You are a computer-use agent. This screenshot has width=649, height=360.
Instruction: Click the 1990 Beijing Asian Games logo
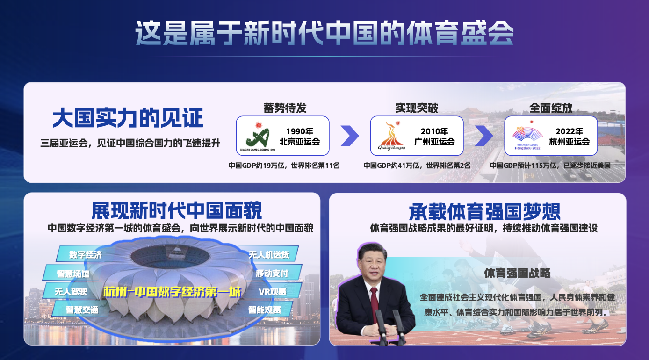(258, 136)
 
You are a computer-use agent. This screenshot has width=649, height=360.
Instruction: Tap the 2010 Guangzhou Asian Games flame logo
(391, 136)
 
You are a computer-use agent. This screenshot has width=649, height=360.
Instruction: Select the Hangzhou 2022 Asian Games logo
(527, 135)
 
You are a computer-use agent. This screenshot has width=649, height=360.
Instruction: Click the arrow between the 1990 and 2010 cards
(350, 136)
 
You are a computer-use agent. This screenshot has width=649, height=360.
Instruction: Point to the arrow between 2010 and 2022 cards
(484, 136)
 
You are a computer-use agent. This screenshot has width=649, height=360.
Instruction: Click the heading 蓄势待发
(285, 108)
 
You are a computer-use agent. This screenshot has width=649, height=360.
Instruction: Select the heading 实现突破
(417, 108)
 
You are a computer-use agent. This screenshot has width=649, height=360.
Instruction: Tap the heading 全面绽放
(551, 108)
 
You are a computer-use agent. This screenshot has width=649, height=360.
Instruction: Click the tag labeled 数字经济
(86, 255)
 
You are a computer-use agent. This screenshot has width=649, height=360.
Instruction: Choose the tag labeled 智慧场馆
(73, 274)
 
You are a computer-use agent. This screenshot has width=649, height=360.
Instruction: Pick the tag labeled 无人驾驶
(71, 291)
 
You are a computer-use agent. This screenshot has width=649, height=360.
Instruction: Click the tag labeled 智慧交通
(82, 310)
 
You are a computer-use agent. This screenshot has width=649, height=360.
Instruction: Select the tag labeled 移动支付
(272, 273)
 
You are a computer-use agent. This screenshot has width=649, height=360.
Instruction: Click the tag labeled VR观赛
(272, 291)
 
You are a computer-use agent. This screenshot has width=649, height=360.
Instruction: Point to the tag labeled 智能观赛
(265, 310)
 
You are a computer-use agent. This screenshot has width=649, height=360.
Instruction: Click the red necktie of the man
(374, 304)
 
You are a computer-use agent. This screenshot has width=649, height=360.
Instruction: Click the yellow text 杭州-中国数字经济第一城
(172, 292)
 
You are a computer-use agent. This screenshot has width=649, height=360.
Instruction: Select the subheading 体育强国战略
(517, 273)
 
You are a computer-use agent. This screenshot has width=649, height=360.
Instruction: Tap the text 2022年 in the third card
(569, 131)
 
